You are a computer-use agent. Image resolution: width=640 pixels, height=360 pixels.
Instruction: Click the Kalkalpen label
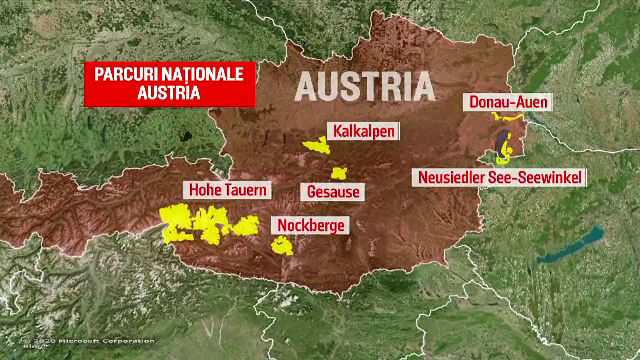pos(364,132)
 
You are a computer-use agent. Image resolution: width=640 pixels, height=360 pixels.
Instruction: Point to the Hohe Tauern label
pos(223,189)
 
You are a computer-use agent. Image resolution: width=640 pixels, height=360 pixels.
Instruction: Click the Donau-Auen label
pos(507,102)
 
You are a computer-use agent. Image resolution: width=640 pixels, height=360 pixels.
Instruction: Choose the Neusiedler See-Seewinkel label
pos(500,177)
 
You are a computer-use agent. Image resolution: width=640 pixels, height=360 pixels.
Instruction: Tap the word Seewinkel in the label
pos(548,177)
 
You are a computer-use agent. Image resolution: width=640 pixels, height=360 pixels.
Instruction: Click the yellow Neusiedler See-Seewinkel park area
pos(504,152)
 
